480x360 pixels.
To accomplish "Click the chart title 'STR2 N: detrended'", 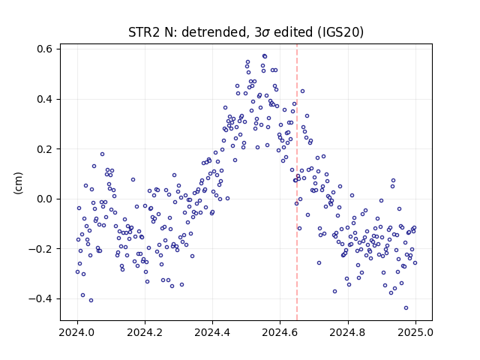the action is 189,32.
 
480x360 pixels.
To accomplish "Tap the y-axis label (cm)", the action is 18,183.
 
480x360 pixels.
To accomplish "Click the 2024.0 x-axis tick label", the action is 77,332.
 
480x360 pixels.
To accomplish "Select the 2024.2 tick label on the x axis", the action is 145,332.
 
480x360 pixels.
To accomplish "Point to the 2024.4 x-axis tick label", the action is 212,332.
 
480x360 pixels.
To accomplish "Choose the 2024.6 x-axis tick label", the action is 280,332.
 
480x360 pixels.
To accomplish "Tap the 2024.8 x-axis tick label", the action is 348,332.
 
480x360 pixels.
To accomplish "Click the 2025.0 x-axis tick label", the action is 415,332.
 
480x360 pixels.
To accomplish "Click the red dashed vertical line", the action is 297,182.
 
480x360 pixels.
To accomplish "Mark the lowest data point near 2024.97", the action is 406,307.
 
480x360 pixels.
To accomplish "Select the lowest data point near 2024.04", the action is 91,300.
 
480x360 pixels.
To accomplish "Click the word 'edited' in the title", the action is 292,32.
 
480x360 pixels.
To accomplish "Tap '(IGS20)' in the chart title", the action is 340,32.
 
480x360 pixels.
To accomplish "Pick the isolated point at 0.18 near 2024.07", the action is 102,154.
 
